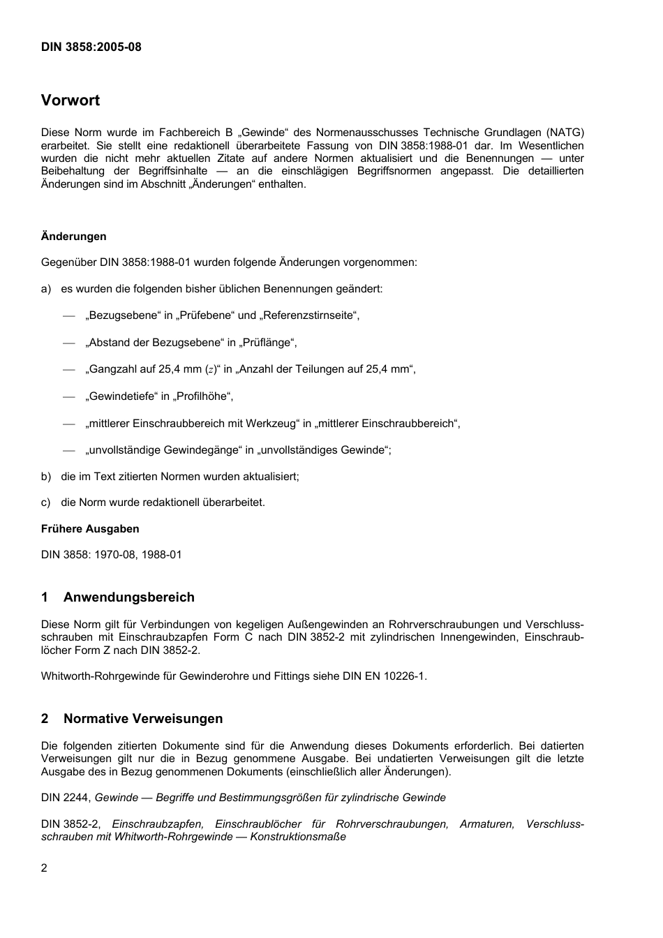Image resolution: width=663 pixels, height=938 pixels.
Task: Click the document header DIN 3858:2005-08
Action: click(x=91, y=47)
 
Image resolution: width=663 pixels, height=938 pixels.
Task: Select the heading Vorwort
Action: click(x=70, y=100)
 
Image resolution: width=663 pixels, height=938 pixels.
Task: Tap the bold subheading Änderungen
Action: click(x=74, y=237)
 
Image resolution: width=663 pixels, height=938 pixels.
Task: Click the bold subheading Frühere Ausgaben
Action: click(x=90, y=528)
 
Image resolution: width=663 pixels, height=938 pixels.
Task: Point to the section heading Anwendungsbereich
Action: click(x=129, y=597)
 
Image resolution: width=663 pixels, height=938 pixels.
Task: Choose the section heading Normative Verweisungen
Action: click(x=143, y=719)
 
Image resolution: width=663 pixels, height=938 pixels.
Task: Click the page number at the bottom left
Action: click(x=45, y=868)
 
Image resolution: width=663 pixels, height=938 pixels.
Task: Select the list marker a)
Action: click(x=46, y=289)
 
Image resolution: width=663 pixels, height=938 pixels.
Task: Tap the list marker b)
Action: click(x=46, y=477)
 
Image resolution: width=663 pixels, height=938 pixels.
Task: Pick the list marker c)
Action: click(x=46, y=502)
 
